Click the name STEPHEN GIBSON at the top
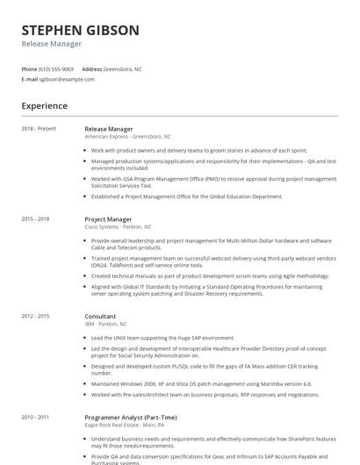80,30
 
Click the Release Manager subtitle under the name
52,44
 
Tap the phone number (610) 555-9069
56,68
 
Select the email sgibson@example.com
67,79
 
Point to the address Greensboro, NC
123,68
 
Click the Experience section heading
45,106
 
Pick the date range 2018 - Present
39,129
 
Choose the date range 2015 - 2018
36,219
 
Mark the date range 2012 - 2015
36,316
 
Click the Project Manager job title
108,219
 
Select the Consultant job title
100,316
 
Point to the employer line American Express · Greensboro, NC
128,137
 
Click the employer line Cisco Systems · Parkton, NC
118,227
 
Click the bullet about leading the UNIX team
162,338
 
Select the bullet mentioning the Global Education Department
187,197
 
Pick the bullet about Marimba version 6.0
201,383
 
